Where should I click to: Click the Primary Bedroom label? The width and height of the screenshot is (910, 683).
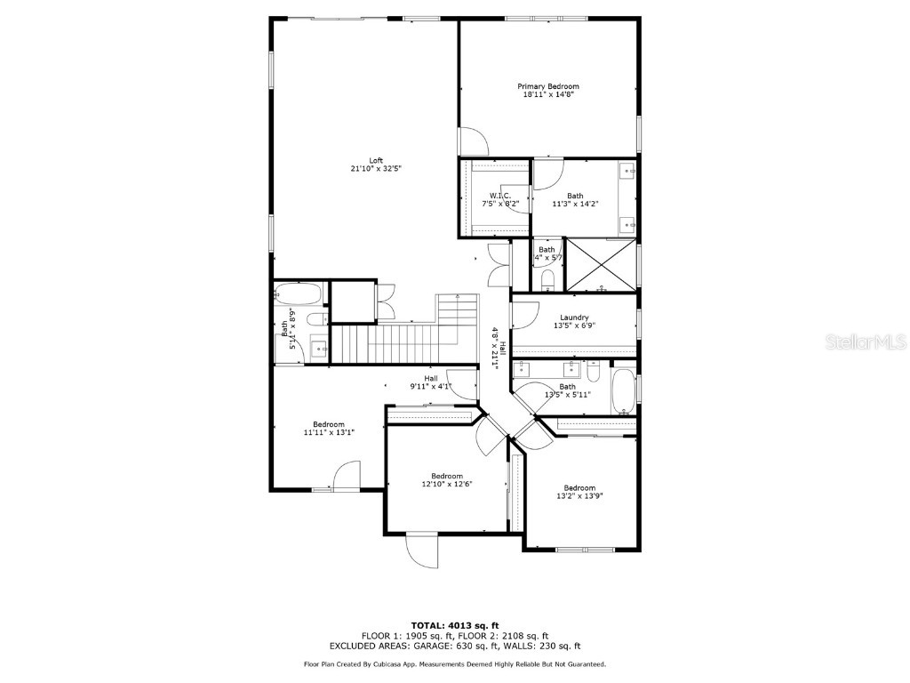point(548,86)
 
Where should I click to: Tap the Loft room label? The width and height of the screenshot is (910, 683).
point(376,161)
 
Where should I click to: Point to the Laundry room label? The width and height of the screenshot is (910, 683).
point(574,317)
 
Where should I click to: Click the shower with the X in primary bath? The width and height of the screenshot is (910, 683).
point(602,265)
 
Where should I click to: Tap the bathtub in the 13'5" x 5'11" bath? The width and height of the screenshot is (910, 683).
point(624,391)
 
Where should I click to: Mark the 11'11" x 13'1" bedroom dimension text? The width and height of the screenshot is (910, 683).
point(328,433)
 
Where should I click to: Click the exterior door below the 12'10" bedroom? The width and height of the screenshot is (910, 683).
point(423,550)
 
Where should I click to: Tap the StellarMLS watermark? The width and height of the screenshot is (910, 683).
point(867,341)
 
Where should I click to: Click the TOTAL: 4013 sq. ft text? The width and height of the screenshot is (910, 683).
point(454,625)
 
